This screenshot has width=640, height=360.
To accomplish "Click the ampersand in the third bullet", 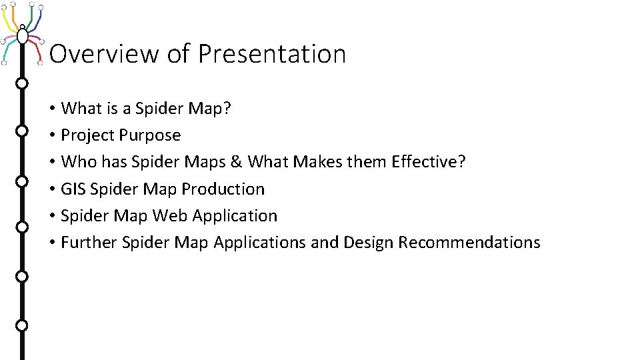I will pos(238,162).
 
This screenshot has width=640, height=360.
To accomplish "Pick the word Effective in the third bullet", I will pos(424,162).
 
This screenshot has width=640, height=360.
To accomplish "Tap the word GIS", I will pos(73,189).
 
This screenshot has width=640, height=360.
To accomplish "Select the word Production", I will pos(223,189).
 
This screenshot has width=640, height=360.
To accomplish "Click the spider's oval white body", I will pos(22,34).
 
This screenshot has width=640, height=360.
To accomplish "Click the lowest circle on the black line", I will pos(21,325).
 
